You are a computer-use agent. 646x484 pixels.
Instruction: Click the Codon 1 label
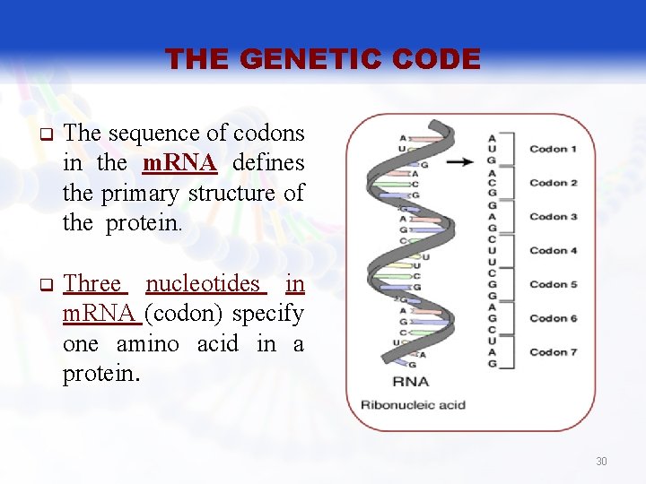[x=553, y=149]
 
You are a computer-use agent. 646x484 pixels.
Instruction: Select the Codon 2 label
[x=553, y=183]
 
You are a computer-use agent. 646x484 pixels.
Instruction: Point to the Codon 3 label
[x=553, y=217]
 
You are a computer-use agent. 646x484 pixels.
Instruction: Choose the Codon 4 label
[x=553, y=251]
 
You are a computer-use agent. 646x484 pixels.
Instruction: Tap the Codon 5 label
[x=553, y=285]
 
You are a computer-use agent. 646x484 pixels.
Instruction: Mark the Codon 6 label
[x=553, y=318]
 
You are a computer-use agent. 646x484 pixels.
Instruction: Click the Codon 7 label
[x=553, y=352]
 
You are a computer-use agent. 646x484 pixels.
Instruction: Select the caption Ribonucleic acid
[x=413, y=405]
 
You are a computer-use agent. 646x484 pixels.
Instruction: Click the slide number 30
[x=601, y=462]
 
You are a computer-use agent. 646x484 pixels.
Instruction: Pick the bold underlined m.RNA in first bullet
[x=179, y=163]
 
